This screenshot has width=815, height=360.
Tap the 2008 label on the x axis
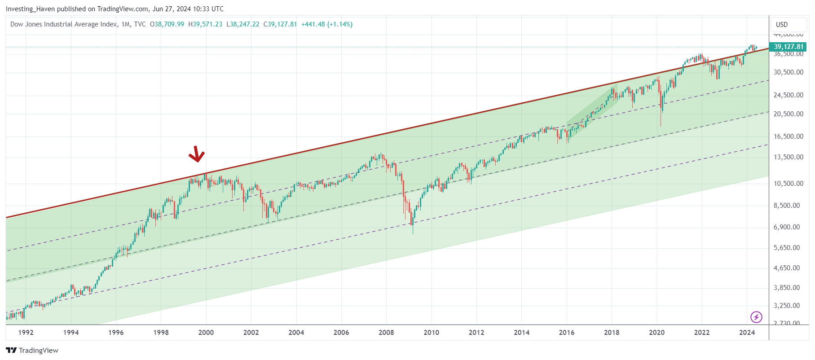click(386, 333)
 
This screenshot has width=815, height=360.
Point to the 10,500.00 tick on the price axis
click(788, 184)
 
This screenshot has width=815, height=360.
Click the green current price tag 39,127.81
click(788, 47)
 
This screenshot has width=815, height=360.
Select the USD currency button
click(782, 25)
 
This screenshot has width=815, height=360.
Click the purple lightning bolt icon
click(756, 317)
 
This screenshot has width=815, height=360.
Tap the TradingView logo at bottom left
click(32, 351)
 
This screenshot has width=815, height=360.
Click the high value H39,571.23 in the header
click(205, 24)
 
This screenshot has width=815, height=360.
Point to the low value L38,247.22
click(242, 24)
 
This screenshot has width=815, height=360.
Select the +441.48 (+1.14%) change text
click(326, 24)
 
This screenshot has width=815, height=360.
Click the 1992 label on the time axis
click(26, 333)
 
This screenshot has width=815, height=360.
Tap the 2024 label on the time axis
click(747, 333)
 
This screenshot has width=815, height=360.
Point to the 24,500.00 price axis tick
click(788, 95)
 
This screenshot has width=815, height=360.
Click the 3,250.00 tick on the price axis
click(786, 306)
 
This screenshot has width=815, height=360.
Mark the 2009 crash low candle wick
click(413, 230)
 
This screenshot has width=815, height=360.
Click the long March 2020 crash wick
click(661, 119)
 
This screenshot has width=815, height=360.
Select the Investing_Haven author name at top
click(30, 9)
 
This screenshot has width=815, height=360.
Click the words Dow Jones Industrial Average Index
click(64, 24)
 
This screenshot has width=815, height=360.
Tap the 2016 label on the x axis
click(567, 333)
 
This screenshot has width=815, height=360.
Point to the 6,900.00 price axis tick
click(786, 227)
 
